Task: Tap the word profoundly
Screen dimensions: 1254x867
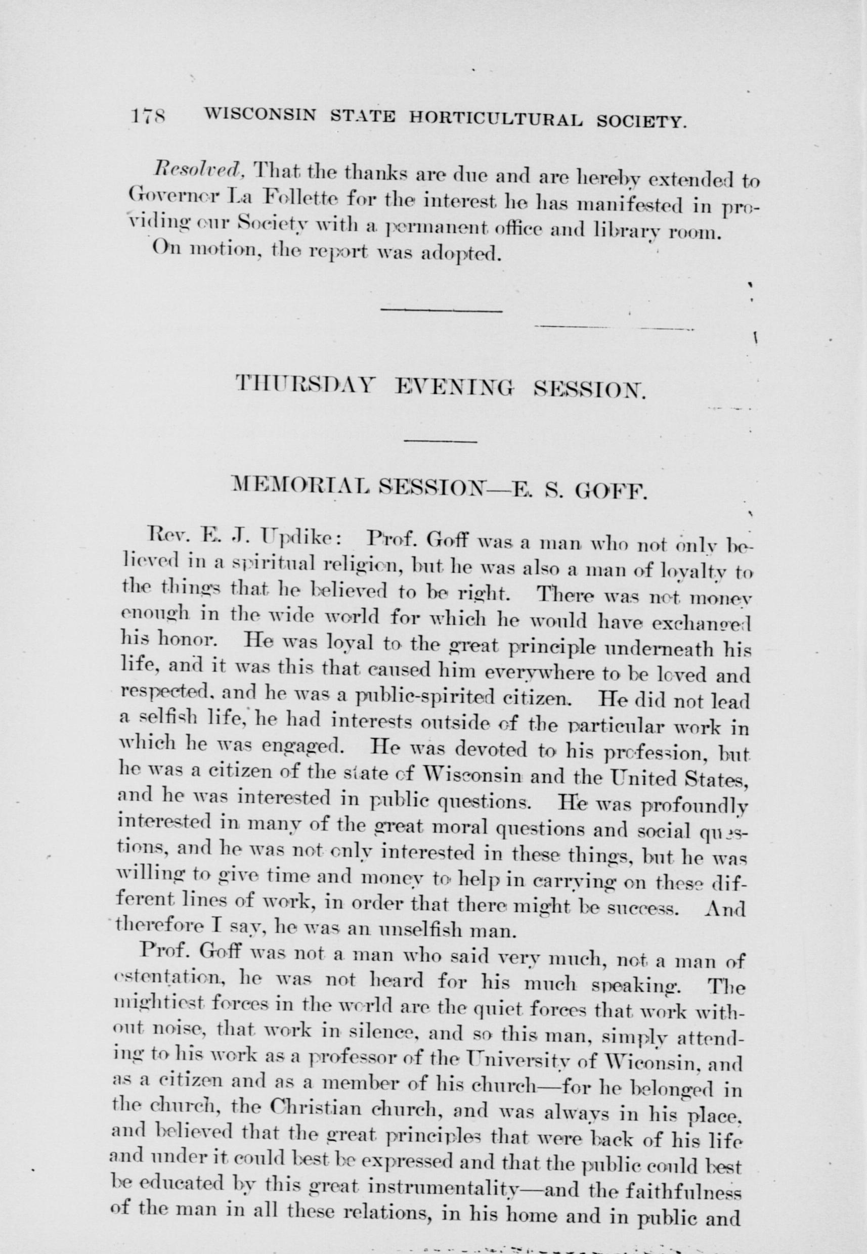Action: pos(694,812)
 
